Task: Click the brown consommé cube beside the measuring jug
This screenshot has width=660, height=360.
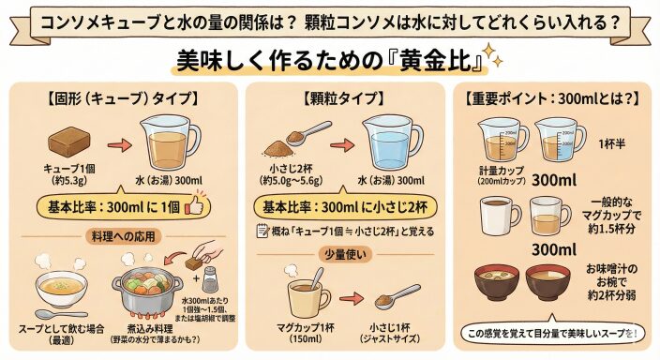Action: [x=70, y=142]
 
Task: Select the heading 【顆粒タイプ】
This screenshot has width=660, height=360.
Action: [x=344, y=98]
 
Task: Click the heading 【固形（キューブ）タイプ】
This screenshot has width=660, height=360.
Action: [x=122, y=98]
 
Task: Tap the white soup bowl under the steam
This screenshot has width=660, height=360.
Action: [x=62, y=289]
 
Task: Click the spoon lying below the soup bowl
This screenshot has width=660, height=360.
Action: [x=61, y=314]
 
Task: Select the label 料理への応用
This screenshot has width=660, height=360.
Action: [x=124, y=236]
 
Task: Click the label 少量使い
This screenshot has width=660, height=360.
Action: [x=345, y=254]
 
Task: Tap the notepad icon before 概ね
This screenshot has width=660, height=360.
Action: [x=262, y=231]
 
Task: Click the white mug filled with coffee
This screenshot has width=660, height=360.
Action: [x=500, y=216]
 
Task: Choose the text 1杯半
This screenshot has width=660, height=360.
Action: [x=612, y=144]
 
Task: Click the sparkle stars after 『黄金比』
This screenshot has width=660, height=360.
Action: [x=492, y=54]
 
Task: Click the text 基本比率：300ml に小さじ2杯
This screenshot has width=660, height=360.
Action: [x=345, y=207]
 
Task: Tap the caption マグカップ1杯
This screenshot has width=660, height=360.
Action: [x=306, y=328]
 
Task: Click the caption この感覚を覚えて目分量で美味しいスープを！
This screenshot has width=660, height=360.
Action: [x=552, y=334]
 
